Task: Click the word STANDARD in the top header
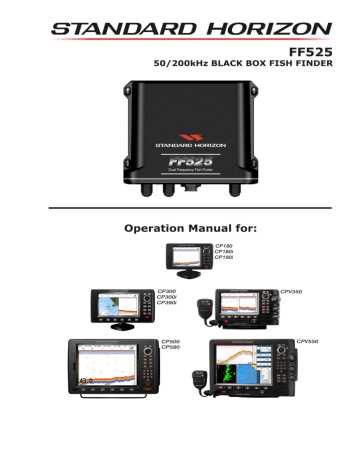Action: [x=110, y=20]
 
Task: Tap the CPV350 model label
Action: [x=294, y=291]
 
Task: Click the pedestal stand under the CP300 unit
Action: [x=124, y=326]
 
